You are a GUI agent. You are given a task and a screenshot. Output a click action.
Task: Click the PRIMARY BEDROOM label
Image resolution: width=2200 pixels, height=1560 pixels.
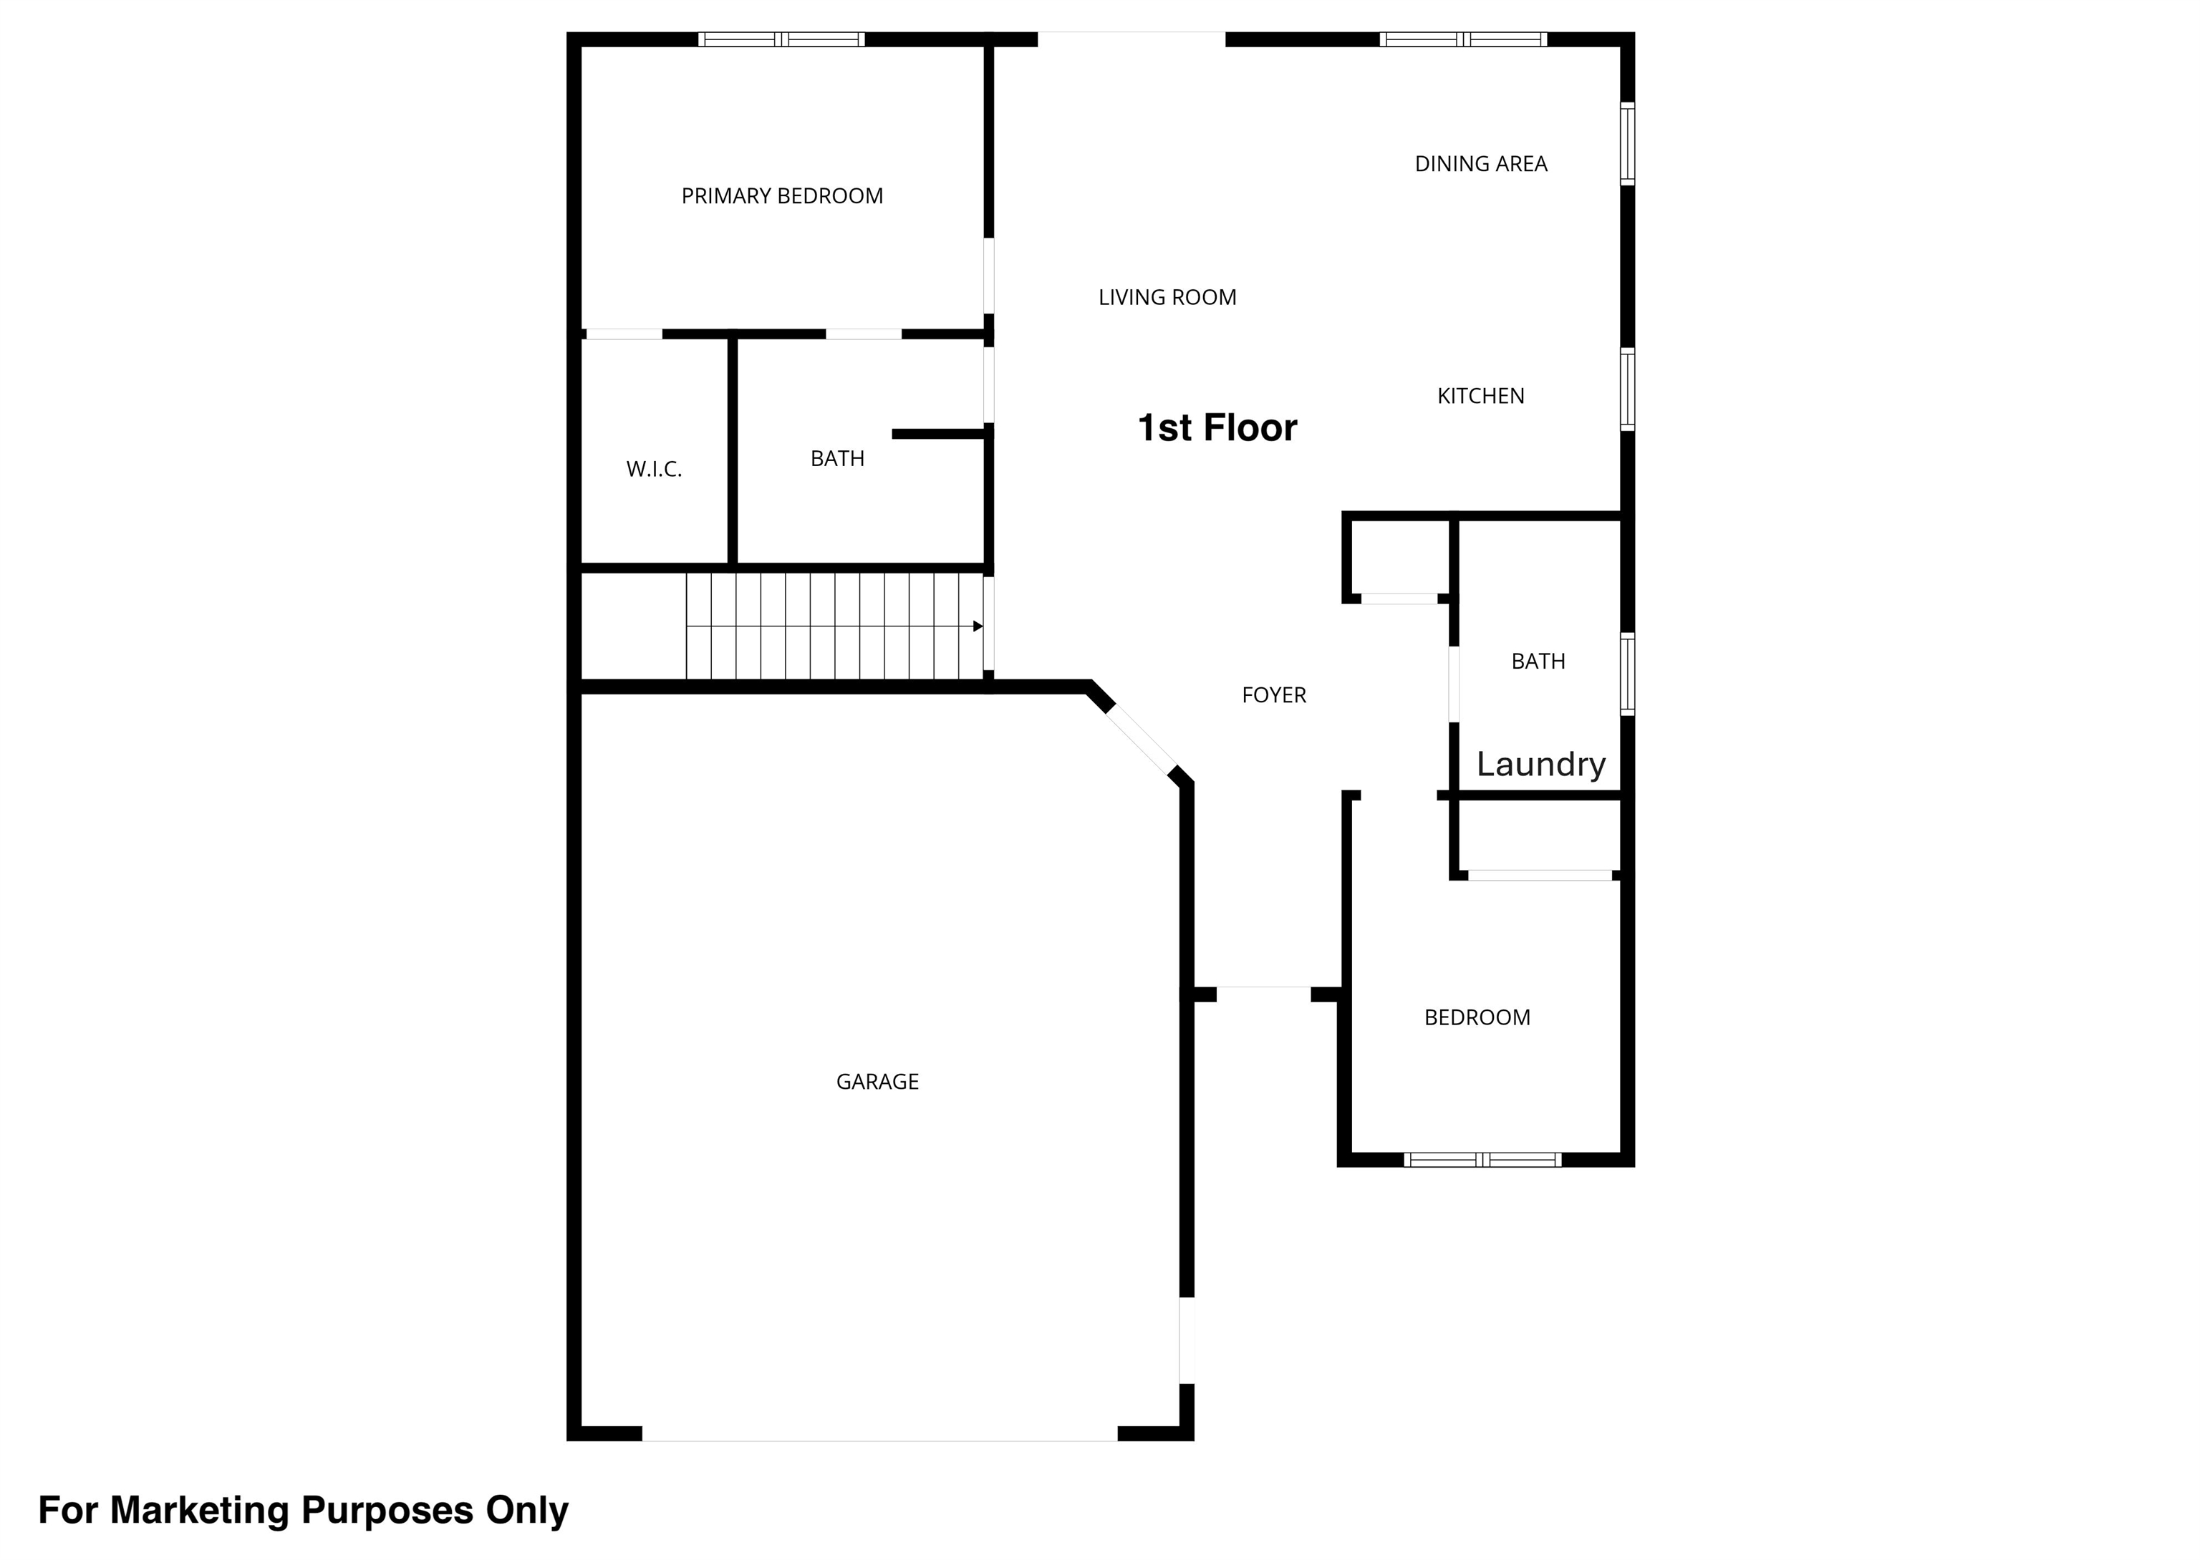782,196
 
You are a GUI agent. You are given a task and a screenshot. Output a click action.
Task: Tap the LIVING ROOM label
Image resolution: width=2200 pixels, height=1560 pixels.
1167,298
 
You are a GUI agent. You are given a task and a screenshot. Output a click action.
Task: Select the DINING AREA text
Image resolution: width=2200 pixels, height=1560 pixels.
1480,164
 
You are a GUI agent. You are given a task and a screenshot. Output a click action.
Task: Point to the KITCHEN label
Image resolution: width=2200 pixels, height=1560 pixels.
1480,396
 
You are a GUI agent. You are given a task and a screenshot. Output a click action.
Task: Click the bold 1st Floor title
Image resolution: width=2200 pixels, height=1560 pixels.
1217,427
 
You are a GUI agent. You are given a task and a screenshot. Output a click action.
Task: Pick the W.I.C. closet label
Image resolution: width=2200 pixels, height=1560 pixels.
655,470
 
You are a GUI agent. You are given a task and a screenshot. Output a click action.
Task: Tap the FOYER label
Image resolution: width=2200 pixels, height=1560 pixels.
1274,695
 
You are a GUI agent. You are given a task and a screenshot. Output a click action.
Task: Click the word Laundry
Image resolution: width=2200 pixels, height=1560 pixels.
1541,765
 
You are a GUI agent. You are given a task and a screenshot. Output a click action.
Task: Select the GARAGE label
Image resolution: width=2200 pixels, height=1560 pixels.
877,1082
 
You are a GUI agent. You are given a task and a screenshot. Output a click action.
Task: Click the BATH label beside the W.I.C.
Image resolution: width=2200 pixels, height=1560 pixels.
838,459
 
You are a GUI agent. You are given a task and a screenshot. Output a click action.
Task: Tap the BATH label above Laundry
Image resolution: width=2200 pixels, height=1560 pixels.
1538,662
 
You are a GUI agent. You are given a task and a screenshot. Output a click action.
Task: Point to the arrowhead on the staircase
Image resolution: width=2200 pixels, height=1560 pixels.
978,626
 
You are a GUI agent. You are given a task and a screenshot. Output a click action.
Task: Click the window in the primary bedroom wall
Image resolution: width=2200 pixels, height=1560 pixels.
781,39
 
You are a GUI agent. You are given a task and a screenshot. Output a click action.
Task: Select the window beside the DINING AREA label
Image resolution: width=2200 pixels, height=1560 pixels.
1627,143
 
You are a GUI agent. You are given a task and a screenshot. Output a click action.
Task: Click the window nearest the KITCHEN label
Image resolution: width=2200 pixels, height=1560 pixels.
1627,389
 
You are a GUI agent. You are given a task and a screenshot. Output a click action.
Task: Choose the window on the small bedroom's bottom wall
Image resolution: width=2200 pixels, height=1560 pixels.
1482,1159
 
